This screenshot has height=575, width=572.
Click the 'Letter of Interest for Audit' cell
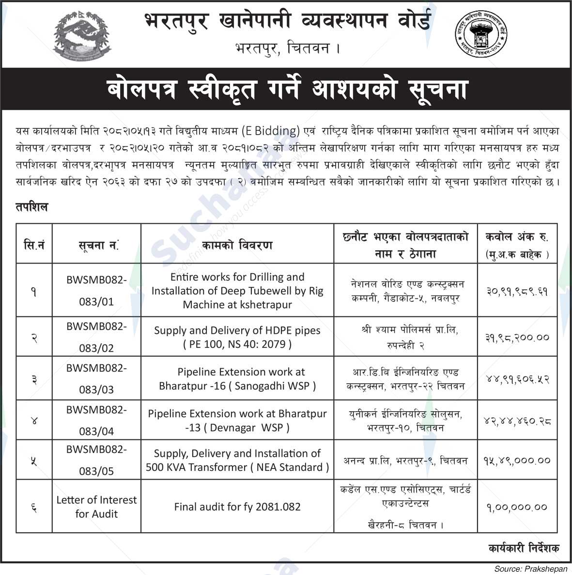pyautogui.click(x=96, y=506)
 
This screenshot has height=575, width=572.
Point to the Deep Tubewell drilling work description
pyautogui.click(x=237, y=291)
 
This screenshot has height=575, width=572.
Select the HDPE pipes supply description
pyautogui.click(x=237, y=337)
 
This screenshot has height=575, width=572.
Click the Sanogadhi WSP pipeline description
pyautogui.click(x=237, y=379)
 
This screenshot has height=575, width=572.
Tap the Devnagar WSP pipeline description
pyautogui.click(x=237, y=420)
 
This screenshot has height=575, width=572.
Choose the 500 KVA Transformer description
pyautogui.click(x=237, y=460)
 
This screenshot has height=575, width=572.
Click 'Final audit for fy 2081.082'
pyautogui.click(x=237, y=507)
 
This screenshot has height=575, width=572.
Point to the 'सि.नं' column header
pyautogui.click(x=34, y=245)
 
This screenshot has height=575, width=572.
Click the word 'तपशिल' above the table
pyautogui.click(x=32, y=207)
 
